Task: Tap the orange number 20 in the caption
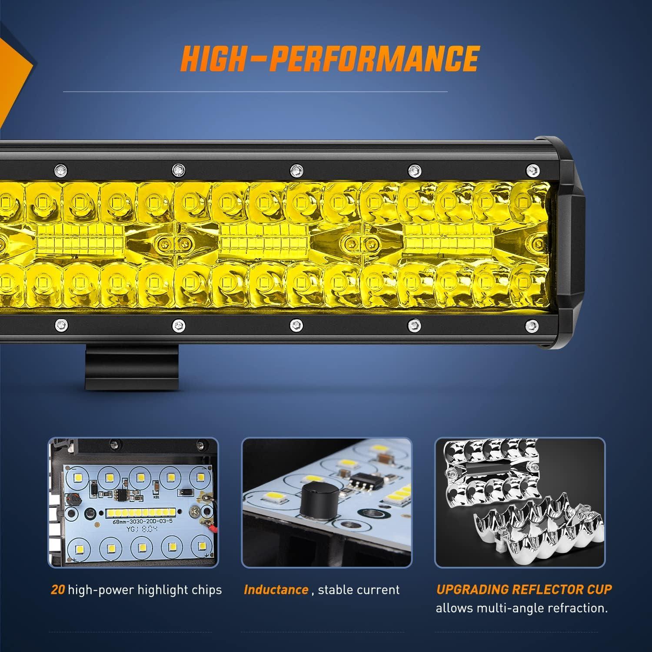pyautogui.click(x=57, y=590)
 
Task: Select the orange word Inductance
pyautogui.click(x=276, y=590)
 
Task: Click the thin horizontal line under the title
pyautogui.click(x=255, y=92)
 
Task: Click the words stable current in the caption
pyautogui.click(x=359, y=590)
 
